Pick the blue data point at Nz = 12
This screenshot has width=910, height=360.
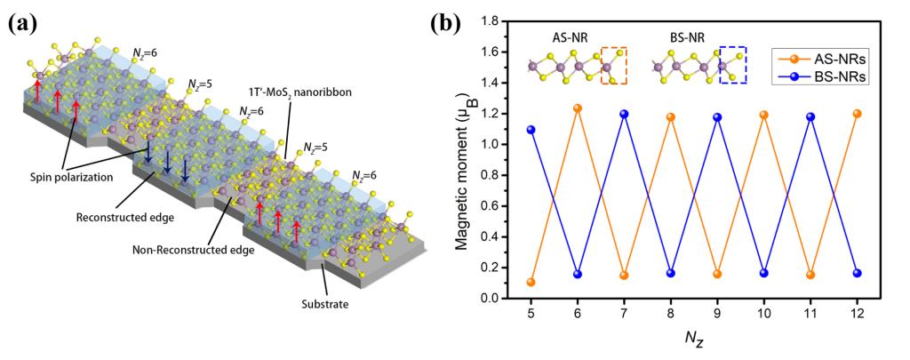coord(857,273)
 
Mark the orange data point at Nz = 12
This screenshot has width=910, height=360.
coord(857,114)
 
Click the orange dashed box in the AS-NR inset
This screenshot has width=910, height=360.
coord(614,66)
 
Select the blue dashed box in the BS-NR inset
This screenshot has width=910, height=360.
coord(732,66)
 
